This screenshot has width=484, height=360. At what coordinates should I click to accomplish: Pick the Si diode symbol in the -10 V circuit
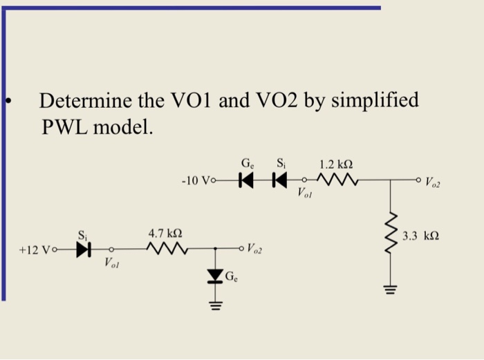[x=279, y=181]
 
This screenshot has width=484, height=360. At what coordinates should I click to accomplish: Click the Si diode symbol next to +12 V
[x=84, y=248]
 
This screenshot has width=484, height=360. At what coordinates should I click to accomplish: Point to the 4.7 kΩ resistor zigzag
[x=165, y=248]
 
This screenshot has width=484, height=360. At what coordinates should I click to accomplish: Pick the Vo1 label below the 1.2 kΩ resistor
[x=306, y=193]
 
